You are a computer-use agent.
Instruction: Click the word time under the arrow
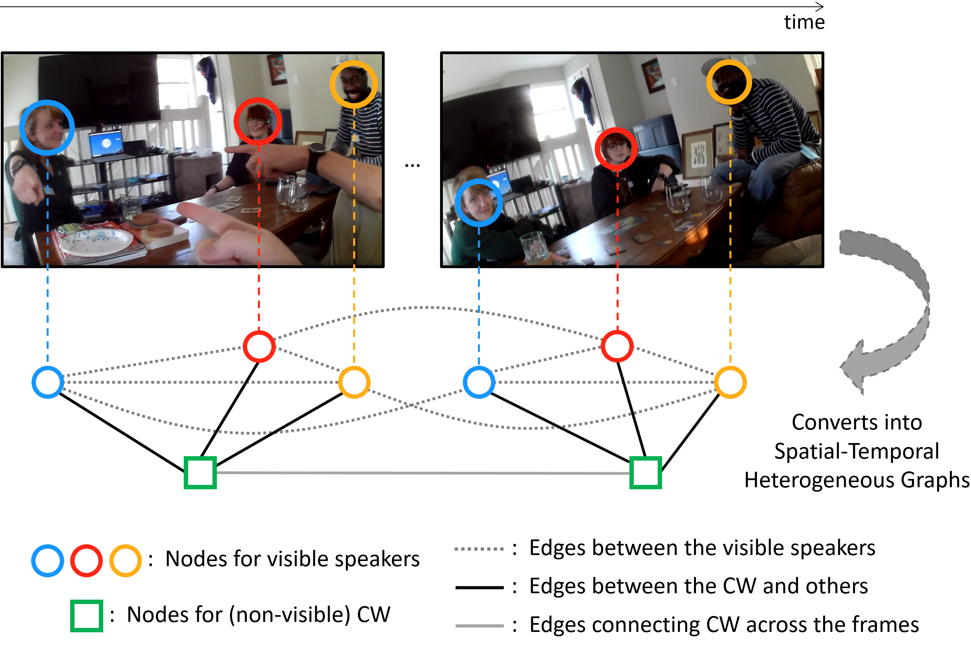coord(804,22)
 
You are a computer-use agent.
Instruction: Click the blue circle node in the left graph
coord(47,382)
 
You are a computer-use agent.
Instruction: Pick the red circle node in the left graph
coord(259,346)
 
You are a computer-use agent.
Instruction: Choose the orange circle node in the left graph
coord(354,382)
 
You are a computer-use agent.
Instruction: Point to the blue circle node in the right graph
coord(479,382)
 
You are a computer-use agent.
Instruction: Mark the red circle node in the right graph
coord(617,346)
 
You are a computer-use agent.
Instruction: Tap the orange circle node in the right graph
coord(730,382)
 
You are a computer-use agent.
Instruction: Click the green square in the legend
coord(86,616)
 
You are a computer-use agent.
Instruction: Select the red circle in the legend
coord(86,561)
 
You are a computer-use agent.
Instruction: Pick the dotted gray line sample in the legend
coord(479,549)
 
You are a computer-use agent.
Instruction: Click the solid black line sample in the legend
coord(479,587)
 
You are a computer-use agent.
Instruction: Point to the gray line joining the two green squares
coord(422,473)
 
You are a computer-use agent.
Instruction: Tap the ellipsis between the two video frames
coord(412,166)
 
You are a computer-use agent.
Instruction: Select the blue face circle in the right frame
coord(478,202)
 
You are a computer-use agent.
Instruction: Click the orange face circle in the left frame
coord(354,84)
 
